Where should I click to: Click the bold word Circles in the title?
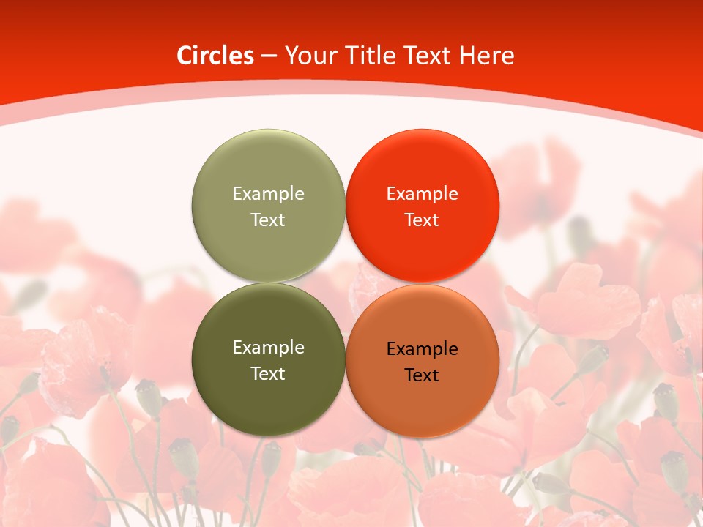coord(215,56)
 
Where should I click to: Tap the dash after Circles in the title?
coord(269,56)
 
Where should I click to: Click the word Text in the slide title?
coord(430,56)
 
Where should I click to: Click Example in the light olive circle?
coord(268,193)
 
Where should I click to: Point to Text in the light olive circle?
coord(268,220)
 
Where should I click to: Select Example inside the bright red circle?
coord(422,193)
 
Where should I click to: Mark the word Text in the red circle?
coord(422,220)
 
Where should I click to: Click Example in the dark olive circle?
coord(268,347)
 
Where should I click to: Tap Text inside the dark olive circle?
coord(268,373)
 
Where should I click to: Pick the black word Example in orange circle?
coord(422,348)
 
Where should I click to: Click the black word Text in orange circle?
coord(422,375)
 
